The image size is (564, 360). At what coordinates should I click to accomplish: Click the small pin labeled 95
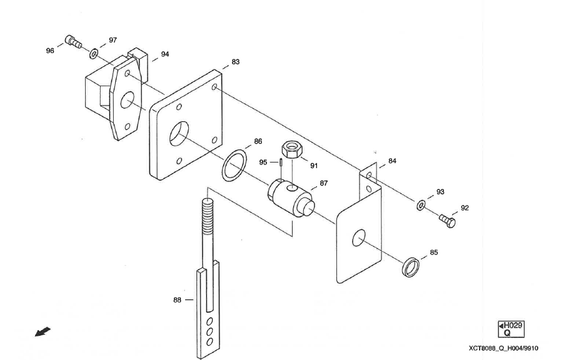[282, 162]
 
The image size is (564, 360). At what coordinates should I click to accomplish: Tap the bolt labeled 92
[446, 219]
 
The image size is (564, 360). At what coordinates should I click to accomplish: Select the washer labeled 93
[423, 204]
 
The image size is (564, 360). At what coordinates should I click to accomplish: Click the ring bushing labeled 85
[411, 266]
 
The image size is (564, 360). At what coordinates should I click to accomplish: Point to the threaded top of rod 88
[208, 212]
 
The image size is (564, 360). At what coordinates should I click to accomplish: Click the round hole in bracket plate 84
[358, 238]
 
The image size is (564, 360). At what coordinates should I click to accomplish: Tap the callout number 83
[235, 62]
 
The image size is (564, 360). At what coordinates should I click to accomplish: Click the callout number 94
[165, 54]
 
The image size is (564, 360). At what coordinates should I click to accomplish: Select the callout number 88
[177, 300]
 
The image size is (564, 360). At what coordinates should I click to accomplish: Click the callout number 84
[392, 161]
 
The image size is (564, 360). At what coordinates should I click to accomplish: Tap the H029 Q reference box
[511, 329]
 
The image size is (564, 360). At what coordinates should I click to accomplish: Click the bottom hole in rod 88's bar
[209, 341]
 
